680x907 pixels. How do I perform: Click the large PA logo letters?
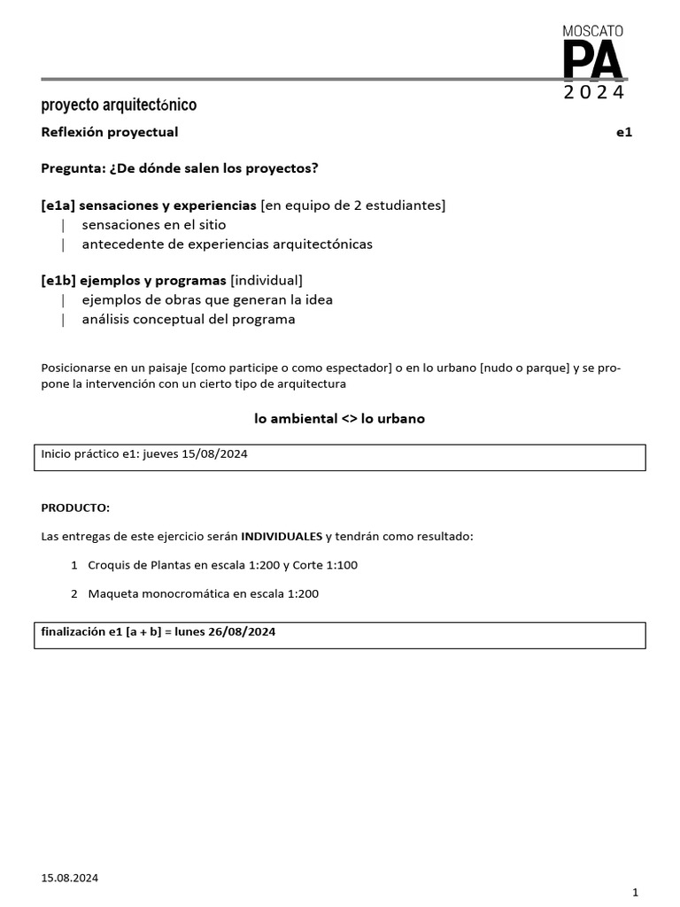point(592,61)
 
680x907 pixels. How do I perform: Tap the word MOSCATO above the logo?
point(593,30)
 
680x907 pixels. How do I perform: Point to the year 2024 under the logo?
point(593,93)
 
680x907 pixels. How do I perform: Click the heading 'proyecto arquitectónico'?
point(119,105)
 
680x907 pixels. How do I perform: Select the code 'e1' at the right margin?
point(624,132)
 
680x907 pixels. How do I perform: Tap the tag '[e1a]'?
point(58,205)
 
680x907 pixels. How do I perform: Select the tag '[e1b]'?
point(58,281)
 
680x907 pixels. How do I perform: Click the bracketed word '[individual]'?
point(267,281)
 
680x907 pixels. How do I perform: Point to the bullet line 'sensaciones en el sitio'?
point(154,225)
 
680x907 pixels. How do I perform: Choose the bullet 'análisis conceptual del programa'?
point(188,319)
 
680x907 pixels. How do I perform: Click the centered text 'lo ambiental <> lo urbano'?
point(339,418)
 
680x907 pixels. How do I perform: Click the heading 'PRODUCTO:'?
point(75,508)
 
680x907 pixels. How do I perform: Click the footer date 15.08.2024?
point(70,878)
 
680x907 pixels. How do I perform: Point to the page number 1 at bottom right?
point(635,892)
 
